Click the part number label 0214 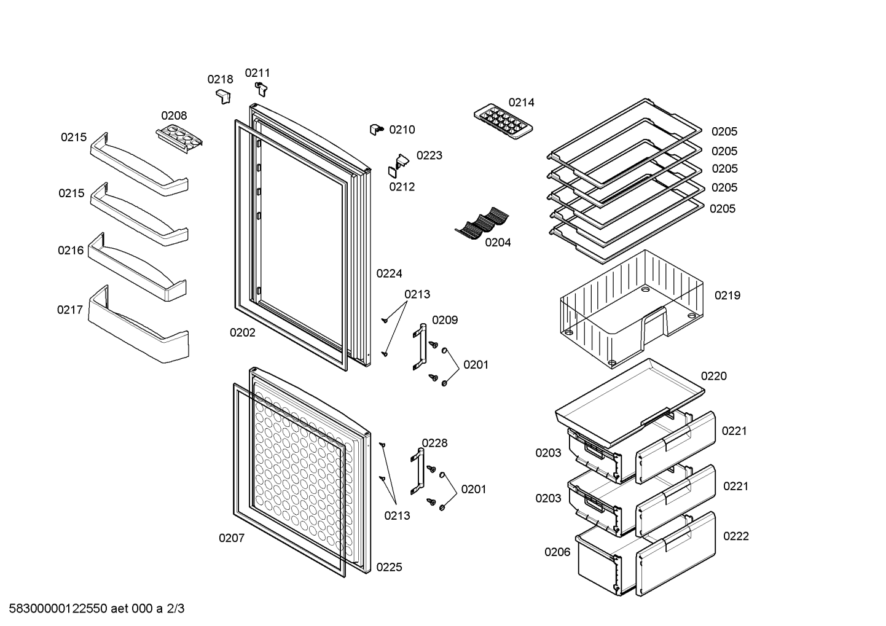click(521, 103)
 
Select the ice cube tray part click(503, 122)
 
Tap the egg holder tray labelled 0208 click(179, 138)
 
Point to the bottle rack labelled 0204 click(482, 223)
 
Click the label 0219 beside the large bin click(727, 295)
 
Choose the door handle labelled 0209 click(420, 346)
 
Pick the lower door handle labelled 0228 click(417, 471)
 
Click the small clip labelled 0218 click(224, 96)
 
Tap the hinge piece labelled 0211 click(261, 88)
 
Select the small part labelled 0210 click(376, 129)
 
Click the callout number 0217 click(69, 310)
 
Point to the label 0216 click(71, 250)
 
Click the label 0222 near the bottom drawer click(735, 536)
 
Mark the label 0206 click(557, 552)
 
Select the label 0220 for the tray click(713, 376)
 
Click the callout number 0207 click(232, 538)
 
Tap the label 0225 click(389, 567)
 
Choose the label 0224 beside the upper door click(389, 273)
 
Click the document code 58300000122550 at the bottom click(58, 609)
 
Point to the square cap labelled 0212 click(393, 172)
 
